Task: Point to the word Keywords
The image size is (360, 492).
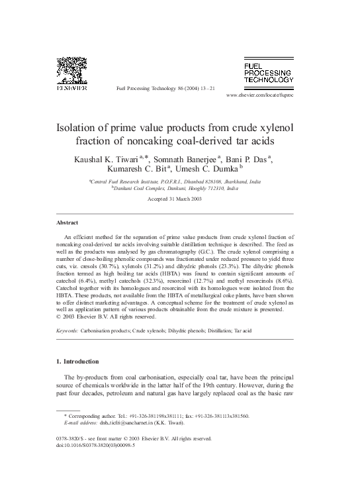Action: click(x=68, y=330)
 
